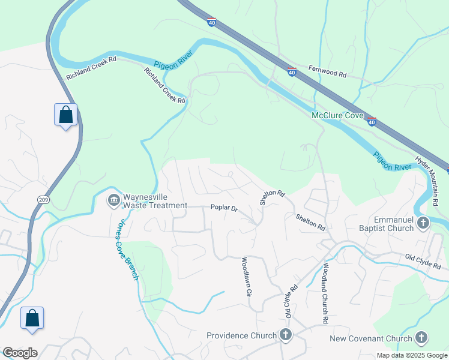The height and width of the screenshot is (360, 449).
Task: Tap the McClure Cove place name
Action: [337, 115]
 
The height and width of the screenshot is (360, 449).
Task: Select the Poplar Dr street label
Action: [224, 208]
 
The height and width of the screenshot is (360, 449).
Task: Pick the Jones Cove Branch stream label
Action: [127, 249]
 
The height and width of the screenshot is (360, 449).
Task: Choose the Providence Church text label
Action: [241, 335]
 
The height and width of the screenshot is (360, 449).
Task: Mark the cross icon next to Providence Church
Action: [285, 335]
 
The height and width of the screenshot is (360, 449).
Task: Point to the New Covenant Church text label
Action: [371, 338]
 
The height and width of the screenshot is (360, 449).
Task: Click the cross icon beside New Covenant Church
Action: [421, 338]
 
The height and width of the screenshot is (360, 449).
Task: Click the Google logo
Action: [20, 353]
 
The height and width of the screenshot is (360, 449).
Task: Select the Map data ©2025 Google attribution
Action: [411, 355]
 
